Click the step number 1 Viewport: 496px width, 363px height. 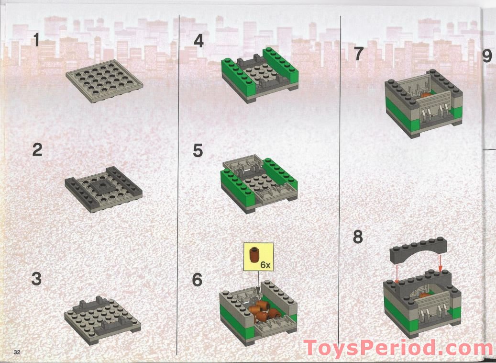[x=37, y=40]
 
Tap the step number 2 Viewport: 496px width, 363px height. [x=37, y=150]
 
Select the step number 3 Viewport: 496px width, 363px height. [x=37, y=279]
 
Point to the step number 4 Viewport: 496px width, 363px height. [x=198, y=41]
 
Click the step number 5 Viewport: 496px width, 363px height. [x=198, y=150]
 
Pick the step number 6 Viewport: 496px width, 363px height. [x=197, y=280]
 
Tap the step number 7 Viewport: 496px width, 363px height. [x=358, y=54]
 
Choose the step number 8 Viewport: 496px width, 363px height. [x=358, y=237]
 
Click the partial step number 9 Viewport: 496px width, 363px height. [x=487, y=56]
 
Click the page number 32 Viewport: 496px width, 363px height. [x=17, y=352]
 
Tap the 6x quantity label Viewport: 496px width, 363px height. [x=265, y=265]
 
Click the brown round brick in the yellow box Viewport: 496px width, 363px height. [x=254, y=255]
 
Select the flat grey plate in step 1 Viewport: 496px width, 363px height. [x=104, y=81]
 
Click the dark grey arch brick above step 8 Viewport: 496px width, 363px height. [x=419, y=250]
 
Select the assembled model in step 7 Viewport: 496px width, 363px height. [x=424, y=103]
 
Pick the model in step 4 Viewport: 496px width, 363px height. [x=259, y=75]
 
